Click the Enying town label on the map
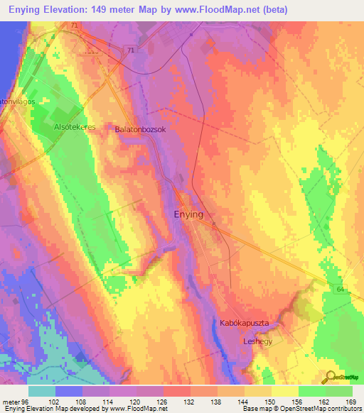coord(189,214)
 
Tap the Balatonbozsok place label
coord(140,130)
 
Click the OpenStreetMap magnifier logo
coord(329,377)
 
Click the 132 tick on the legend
coord(189,400)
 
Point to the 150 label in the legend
coord(270,400)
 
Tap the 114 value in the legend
coord(108,400)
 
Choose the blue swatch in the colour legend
coord(68,391)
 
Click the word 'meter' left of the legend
coord(11,400)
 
